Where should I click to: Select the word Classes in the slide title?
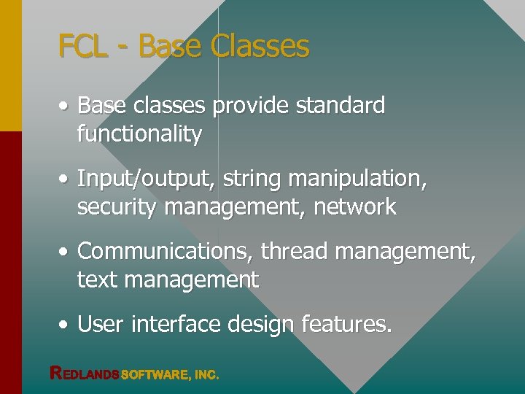coord(260,47)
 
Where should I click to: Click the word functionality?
coord(139,134)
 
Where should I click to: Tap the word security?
coord(117,207)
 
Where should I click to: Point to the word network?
coord(355,207)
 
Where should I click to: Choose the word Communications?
coord(166,252)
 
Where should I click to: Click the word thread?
coord(295,252)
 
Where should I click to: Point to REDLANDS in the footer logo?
coord(84,374)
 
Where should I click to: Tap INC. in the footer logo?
coord(206,375)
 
